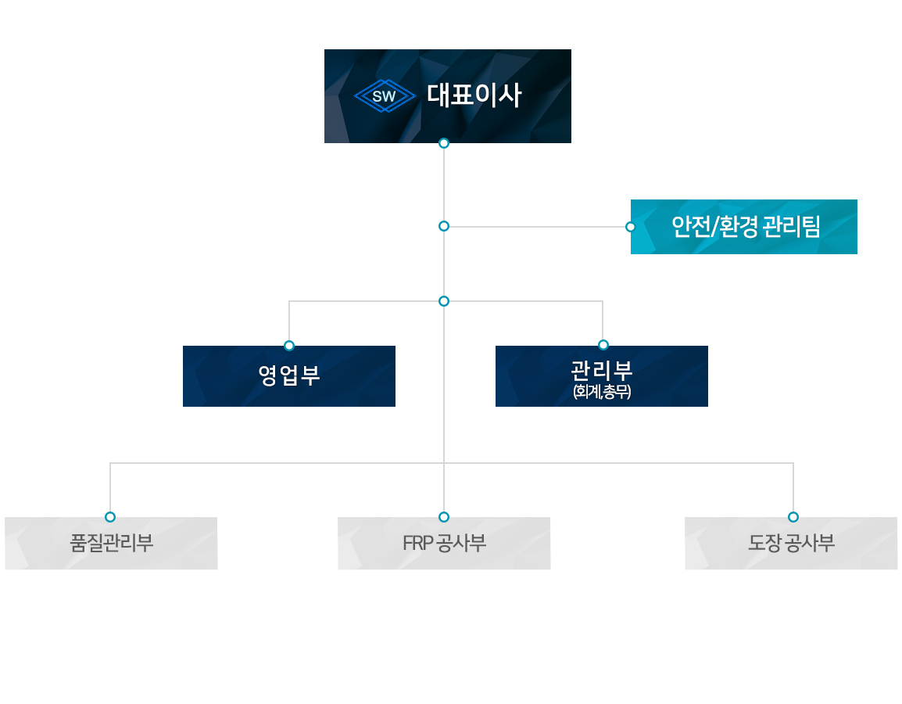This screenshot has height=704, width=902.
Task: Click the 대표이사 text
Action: (474, 96)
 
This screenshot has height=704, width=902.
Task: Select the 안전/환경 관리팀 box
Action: (743, 227)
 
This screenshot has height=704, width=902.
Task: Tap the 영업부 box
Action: (288, 376)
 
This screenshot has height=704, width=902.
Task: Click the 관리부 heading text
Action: (602, 369)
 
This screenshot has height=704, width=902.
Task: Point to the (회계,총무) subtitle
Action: (602, 392)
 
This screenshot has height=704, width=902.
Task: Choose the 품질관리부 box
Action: (111, 543)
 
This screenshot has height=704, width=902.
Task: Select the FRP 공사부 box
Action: (444, 543)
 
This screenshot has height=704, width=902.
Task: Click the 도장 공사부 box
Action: (791, 543)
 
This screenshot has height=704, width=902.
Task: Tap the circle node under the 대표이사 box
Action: (444, 143)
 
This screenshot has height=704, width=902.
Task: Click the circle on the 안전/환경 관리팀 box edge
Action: (631, 227)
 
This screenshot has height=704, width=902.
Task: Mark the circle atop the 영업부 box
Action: (289, 345)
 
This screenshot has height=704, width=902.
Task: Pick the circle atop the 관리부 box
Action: (603, 345)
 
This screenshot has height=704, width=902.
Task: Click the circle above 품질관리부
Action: (110, 517)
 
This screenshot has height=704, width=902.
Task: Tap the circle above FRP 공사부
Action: (444, 517)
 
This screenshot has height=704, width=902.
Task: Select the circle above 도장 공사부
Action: (793, 517)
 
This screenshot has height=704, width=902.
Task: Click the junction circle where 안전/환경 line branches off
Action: (444, 226)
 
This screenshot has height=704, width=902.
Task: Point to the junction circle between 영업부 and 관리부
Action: (444, 301)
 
